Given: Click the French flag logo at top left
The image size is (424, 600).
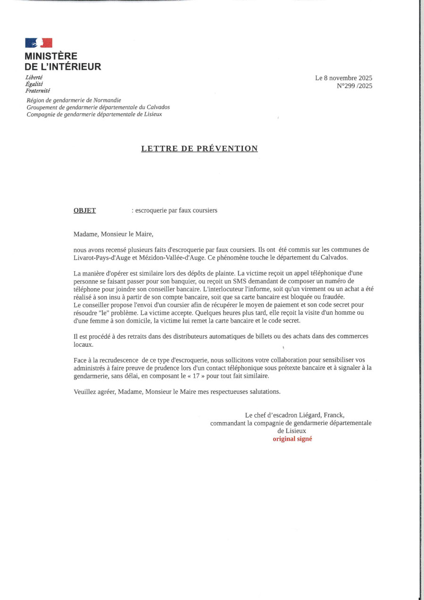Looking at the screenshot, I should pos(39,43).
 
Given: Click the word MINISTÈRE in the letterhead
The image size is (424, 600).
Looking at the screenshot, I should pos(51,56).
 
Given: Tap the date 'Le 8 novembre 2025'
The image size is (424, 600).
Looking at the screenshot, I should pos(343,78).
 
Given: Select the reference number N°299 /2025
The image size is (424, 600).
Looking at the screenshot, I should pos(354,86).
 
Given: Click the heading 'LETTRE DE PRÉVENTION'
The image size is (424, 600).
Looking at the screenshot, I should pos(200,149).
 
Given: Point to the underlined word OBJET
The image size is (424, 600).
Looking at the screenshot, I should pos(84,210).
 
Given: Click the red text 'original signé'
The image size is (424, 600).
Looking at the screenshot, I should pos(292,439).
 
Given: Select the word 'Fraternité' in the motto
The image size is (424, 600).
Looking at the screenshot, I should pos(38,91).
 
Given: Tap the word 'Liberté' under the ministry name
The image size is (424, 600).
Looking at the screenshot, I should pos(34,77).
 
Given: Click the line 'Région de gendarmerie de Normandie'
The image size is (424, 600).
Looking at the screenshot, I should pos(74,100).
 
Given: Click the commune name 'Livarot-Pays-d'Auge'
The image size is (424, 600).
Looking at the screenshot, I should pos(102,258).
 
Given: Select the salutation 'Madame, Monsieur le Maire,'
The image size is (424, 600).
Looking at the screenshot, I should pos(113,233).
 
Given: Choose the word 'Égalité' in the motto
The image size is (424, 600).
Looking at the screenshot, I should pos(34,84).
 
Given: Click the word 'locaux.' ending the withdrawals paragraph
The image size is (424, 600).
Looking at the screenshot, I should pos(83,344).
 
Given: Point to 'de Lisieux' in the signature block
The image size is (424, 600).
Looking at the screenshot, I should pos(291,431).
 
